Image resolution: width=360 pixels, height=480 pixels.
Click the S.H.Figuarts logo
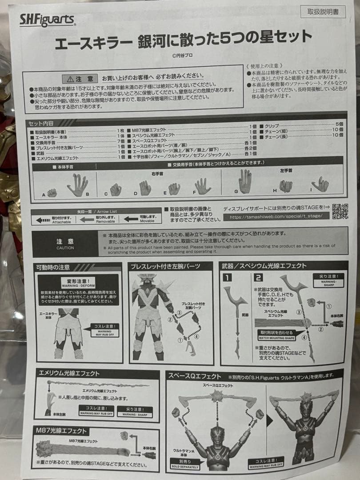coord(47,20)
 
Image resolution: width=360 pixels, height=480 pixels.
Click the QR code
coord(340,211)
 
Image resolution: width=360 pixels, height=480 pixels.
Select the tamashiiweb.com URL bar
coord(276,216)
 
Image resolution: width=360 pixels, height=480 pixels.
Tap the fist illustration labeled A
coord(52,193)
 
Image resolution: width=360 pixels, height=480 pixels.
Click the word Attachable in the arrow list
coord(62,221)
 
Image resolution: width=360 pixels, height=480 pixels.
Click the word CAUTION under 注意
coord(65,248)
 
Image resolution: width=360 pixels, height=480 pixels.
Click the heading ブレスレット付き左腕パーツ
coord(165,266)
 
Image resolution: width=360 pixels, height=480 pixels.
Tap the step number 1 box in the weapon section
coord(227,279)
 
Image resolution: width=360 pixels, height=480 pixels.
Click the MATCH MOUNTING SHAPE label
coord(273,331)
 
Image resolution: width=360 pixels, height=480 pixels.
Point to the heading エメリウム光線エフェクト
coord(70,373)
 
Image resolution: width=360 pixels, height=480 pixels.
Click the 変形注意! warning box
coord(78,281)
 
